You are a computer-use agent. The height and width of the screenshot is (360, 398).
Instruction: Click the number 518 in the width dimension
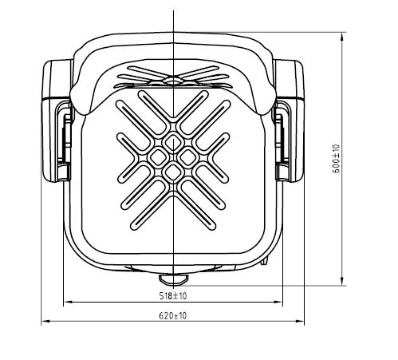[x=165, y=295]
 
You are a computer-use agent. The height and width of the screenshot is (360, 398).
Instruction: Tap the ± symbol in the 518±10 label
[x=175, y=296]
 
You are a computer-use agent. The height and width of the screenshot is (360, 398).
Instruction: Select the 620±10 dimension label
[x=173, y=316]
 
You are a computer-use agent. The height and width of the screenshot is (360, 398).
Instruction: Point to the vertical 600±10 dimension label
[x=337, y=159]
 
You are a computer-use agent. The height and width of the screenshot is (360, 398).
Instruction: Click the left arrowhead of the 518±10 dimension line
[x=69, y=302]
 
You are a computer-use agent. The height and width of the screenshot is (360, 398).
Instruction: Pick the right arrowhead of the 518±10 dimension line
[x=278, y=302]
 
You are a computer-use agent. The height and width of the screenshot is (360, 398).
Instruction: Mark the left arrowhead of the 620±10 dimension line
[x=46, y=322]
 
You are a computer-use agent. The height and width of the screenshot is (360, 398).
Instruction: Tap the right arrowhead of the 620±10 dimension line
[x=299, y=322]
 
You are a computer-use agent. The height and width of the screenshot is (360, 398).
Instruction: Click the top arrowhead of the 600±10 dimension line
[x=342, y=37]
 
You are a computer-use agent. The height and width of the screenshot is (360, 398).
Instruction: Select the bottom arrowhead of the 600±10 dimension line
[x=342, y=281]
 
